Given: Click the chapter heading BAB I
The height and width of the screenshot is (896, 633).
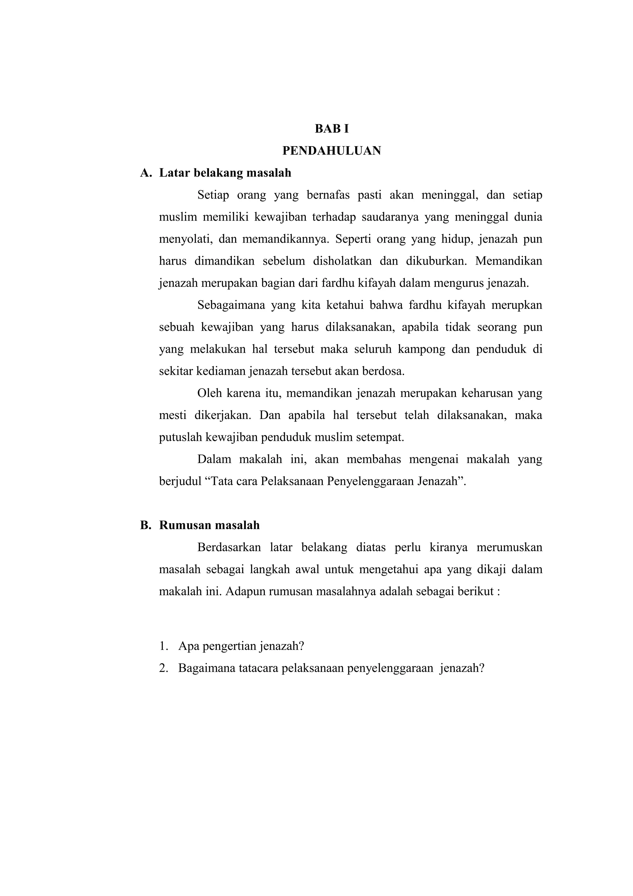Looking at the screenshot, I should click(x=332, y=129).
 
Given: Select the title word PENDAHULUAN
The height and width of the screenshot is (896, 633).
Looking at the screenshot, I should click(x=332, y=151).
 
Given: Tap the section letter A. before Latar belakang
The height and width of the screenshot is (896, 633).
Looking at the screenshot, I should click(x=146, y=173).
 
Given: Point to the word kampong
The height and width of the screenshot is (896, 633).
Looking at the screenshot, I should click(x=421, y=349).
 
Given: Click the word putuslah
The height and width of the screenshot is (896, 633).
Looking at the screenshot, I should click(x=178, y=437).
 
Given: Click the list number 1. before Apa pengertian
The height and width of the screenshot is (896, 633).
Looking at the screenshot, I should click(x=164, y=646).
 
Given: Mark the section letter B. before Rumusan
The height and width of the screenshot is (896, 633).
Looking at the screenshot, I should click(x=146, y=525).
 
